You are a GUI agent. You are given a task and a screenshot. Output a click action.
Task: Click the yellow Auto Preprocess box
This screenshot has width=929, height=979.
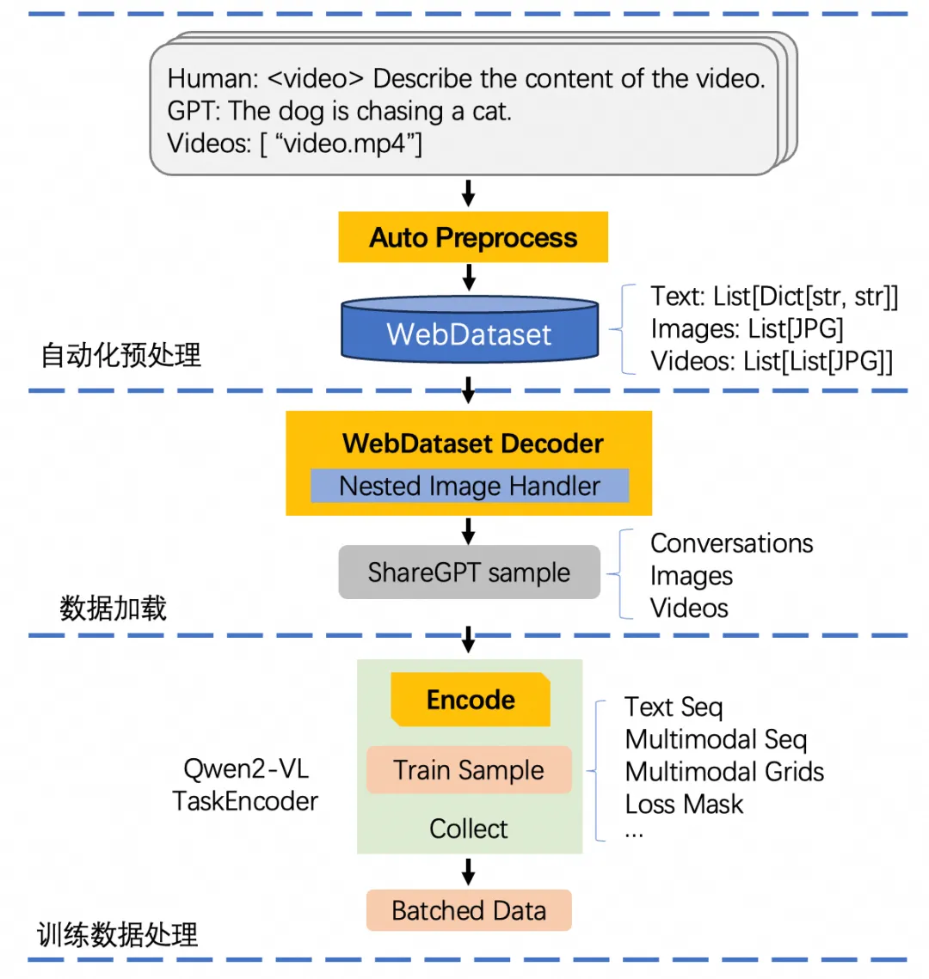click(x=473, y=237)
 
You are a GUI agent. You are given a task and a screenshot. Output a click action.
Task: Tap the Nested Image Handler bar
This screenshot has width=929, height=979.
click(x=470, y=486)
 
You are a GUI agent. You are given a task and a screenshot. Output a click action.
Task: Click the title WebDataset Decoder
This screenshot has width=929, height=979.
click(x=472, y=444)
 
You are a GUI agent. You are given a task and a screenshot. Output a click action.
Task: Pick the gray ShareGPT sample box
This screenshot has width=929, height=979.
click(x=469, y=572)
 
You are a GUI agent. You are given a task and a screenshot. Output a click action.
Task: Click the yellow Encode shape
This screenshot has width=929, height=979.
click(x=471, y=700)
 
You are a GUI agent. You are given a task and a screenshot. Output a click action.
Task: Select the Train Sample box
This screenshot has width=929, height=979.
click(x=469, y=770)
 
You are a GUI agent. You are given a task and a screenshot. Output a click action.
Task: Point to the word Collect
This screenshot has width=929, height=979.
click(x=469, y=829)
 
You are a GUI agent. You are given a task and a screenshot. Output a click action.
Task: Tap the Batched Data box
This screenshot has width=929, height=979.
click(x=469, y=910)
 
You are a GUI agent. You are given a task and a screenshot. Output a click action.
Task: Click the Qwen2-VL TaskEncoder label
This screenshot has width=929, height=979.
click(x=245, y=785)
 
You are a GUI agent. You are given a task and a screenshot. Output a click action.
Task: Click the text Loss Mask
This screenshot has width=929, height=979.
click(x=684, y=805)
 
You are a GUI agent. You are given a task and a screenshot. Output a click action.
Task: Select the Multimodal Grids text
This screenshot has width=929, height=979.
click(x=724, y=772)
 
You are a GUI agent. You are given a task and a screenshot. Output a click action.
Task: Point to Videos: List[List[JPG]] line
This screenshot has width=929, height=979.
click(x=772, y=361)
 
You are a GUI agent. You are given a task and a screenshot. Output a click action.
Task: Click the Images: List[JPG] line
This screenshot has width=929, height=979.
click(x=747, y=328)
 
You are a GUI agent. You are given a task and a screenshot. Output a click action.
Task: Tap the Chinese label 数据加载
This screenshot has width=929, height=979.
click(x=113, y=609)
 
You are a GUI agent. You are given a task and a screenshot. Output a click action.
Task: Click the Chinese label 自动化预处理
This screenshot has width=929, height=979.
click(x=121, y=355)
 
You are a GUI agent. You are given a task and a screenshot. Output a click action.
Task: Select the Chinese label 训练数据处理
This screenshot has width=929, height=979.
click(x=118, y=935)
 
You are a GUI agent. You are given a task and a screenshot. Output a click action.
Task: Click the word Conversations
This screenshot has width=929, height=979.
click(x=731, y=543)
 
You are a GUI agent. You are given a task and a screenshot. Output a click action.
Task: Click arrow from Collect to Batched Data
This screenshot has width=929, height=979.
click(x=469, y=872)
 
